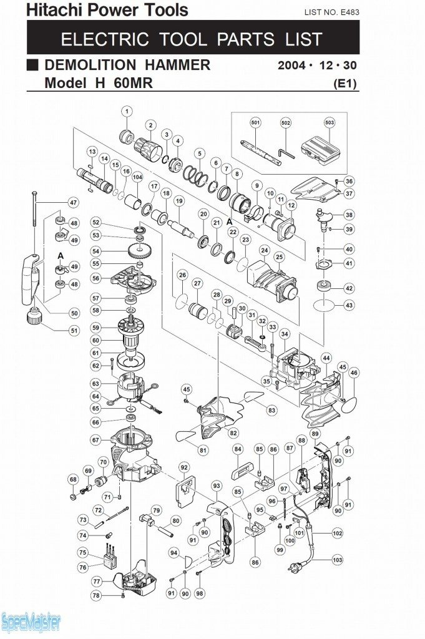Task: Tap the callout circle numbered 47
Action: click(73, 202)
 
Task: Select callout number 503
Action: click(330, 122)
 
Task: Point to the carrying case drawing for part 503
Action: click(321, 153)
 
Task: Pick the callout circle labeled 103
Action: click(338, 560)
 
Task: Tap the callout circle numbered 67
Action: click(95, 439)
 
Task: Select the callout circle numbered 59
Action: click(95, 327)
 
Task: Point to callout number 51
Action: click(74, 330)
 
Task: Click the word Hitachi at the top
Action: click(54, 10)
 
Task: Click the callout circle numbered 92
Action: click(183, 467)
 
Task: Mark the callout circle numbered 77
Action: click(95, 580)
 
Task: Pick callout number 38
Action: click(349, 215)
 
